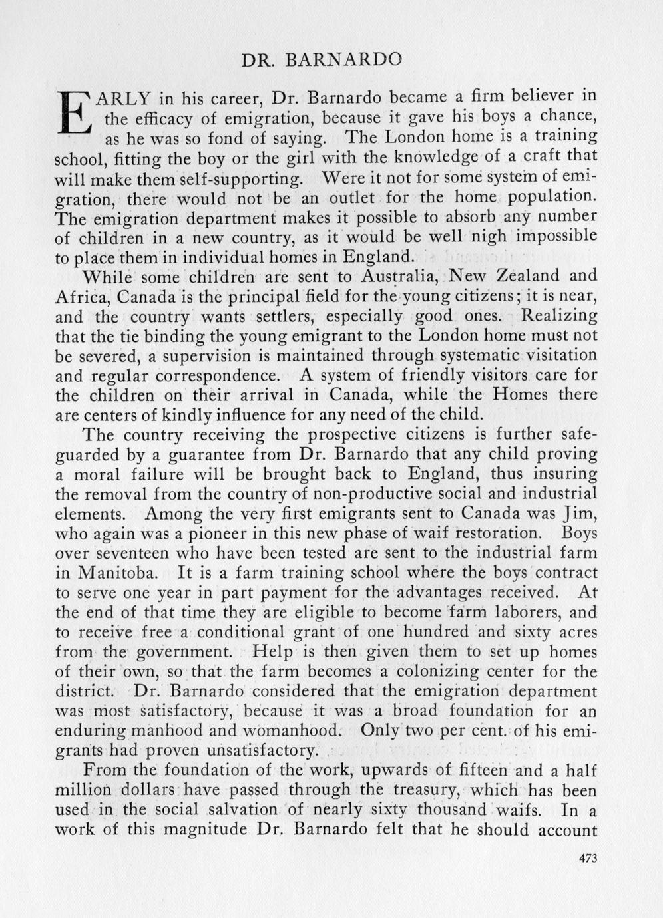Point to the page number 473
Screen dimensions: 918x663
click(x=589, y=858)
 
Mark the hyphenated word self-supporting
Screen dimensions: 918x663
click(x=232, y=180)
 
